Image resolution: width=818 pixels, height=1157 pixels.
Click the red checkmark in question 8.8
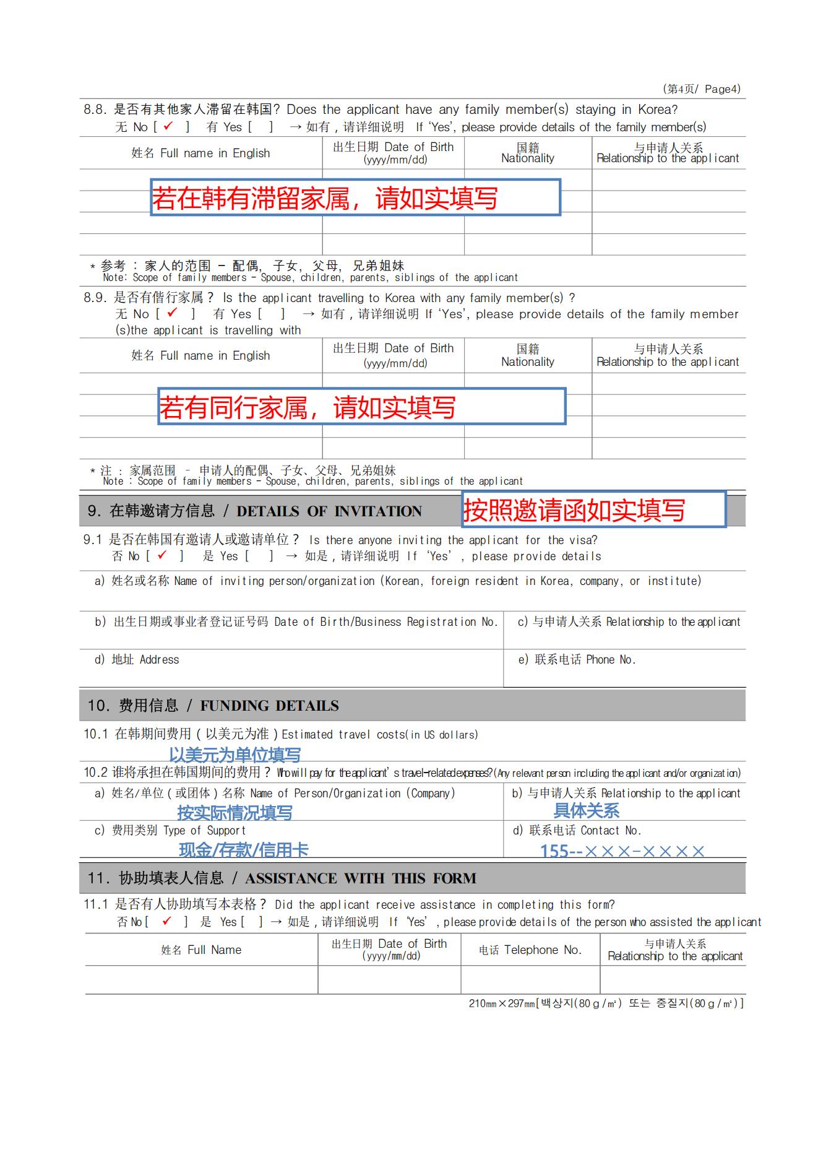(168, 126)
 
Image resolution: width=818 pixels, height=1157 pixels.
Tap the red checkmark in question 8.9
(172, 313)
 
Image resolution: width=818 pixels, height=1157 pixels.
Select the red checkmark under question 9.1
(162, 555)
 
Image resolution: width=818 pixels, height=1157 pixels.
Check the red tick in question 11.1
(166, 921)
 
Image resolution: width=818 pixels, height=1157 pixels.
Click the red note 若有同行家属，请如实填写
(308, 407)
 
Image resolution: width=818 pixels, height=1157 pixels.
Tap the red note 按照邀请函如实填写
(574, 511)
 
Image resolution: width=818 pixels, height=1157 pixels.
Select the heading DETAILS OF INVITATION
(329, 511)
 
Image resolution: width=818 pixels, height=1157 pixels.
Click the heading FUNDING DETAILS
(269, 706)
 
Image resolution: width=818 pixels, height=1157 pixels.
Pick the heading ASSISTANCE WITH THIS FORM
(360, 878)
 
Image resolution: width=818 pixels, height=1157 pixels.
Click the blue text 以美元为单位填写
(235, 755)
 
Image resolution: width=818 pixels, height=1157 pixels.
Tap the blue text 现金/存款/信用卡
(243, 850)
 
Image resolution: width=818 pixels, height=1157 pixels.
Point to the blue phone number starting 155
(622, 851)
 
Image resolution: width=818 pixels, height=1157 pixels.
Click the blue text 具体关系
(586, 810)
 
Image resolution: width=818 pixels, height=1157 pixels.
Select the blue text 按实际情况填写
(235, 812)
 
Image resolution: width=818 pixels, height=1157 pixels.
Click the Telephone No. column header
(530, 950)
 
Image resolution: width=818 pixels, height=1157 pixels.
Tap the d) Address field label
(137, 660)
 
